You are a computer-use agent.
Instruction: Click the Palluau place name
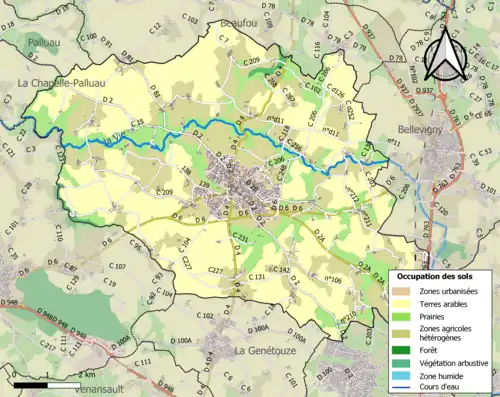[x=33, y=45]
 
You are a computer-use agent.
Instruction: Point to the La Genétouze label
[x=268, y=352]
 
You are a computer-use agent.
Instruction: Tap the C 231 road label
[x=239, y=236]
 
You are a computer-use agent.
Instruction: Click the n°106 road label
[x=334, y=280]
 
